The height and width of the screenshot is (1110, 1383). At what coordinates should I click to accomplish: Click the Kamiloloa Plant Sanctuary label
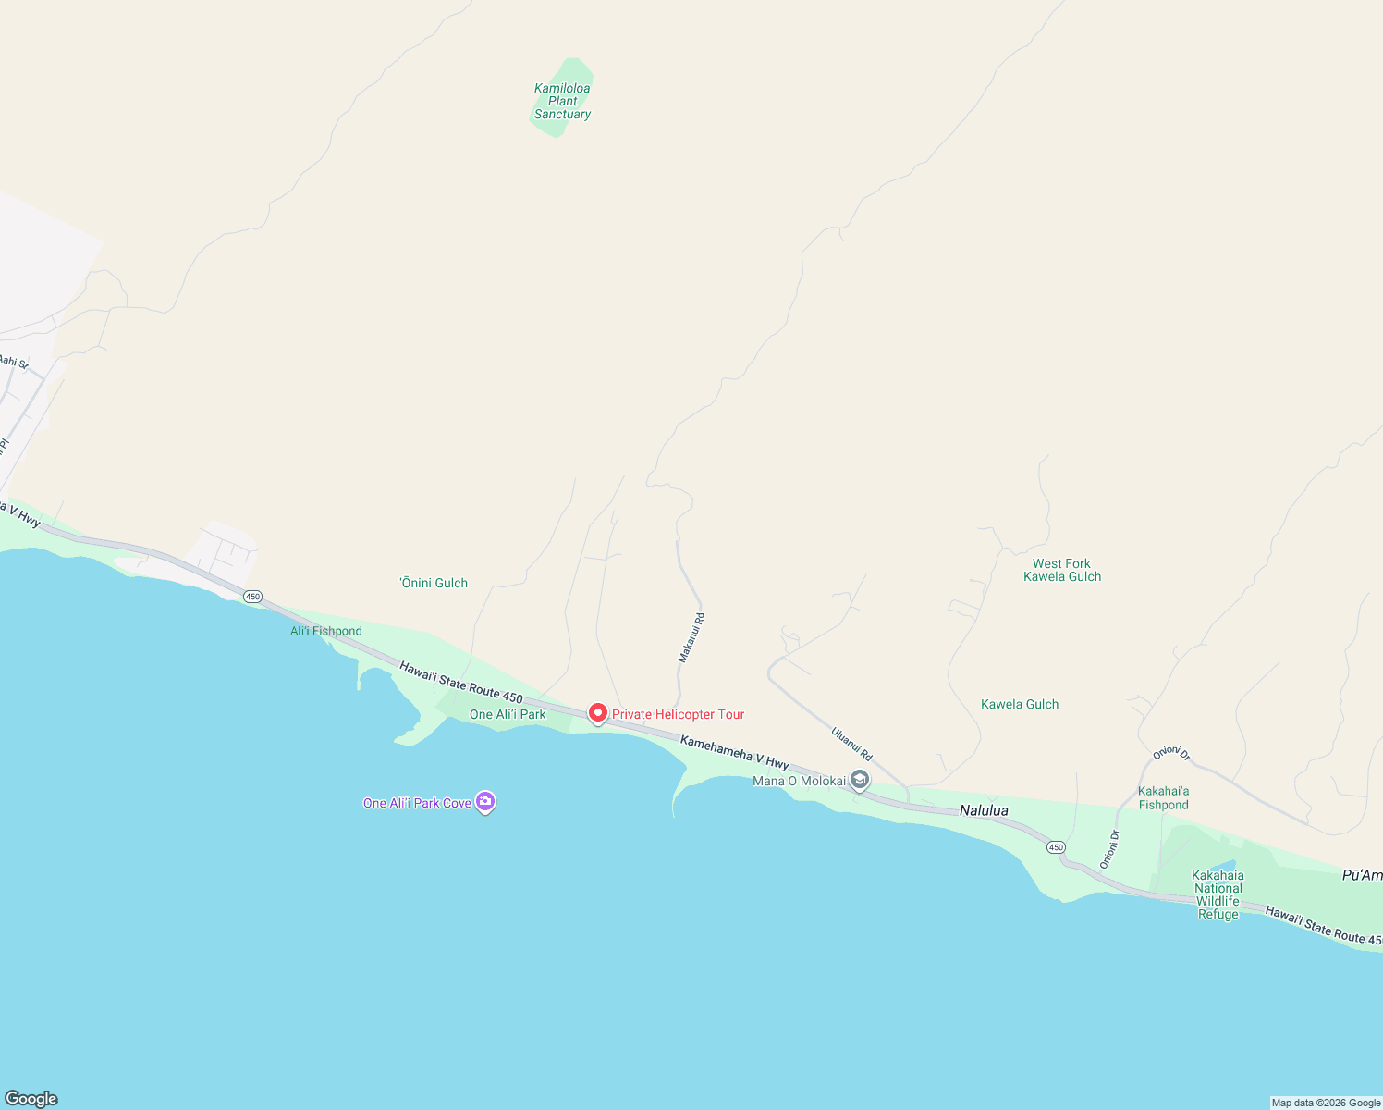tap(562, 102)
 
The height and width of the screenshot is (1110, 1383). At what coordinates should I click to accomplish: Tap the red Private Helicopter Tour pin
tap(598, 713)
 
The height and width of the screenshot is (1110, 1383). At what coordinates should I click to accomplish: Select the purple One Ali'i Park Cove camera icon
tap(485, 802)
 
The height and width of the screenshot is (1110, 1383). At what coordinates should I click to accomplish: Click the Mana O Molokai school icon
tap(860, 781)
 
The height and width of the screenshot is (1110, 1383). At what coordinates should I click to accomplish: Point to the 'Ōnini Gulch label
tap(434, 583)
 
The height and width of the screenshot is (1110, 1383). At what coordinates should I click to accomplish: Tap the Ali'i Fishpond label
tap(326, 631)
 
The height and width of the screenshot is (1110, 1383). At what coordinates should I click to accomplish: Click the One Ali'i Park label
tap(508, 714)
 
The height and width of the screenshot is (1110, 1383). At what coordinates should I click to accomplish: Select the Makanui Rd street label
tap(691, 637)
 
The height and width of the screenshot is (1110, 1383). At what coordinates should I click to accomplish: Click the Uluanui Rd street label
tap(851, 745)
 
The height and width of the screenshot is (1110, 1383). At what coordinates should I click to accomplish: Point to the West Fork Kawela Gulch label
tap(1062, 570)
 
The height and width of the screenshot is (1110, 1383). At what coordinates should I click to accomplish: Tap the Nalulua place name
tap(984, 810)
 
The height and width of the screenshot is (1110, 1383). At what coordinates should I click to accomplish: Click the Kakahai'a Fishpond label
tap(1164, 797)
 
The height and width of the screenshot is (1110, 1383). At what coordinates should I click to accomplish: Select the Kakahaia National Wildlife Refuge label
tap(1218, 894)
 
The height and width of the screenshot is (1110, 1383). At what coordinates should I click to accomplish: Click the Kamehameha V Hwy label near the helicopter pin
tap(735, 752)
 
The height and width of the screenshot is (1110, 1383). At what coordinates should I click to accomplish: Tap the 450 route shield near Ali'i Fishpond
tap(252, 597)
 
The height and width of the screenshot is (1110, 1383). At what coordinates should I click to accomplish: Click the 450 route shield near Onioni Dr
tap(1056, 847)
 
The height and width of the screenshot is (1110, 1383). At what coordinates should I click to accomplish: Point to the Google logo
tap(31, 1099)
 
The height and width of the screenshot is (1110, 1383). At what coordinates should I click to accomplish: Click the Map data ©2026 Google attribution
tap(1326, 1103)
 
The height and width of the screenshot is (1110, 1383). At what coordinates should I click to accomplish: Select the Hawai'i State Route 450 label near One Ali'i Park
tap(461, 682)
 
